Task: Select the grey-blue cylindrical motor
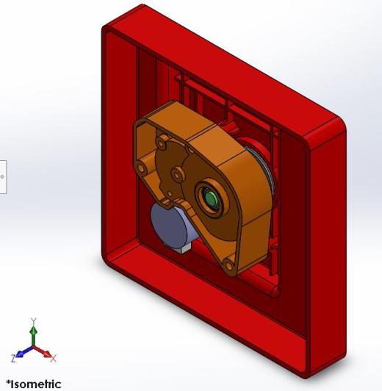coord(170,224)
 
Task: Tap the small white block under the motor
coord(184,248)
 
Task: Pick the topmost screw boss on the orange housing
coord(162,141)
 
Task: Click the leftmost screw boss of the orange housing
coord(141,168)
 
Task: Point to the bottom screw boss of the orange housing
coord(228,265)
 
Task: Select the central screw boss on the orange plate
coord(176,174)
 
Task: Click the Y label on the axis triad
coord(33,320)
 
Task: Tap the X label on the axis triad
coord(54,359)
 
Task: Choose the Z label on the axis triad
coord(14,358)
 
